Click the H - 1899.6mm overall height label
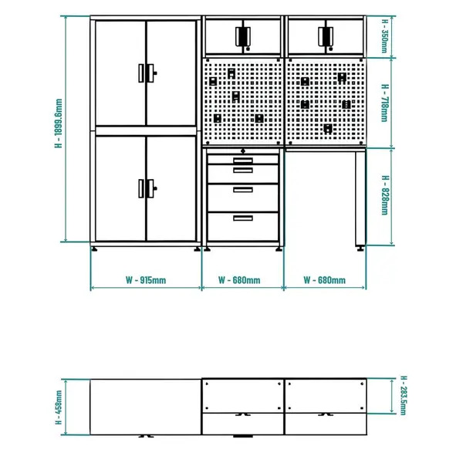pos(58,130)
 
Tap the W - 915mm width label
pos(146,279)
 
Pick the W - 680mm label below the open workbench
pos(324,279)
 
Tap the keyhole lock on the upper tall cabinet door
pos(155,73)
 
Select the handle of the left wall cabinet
pos(243,36)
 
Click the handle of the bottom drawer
pos(243,218)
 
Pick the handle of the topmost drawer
pos(243,160)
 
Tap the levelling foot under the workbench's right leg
pos(360,248)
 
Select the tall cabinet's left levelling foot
pos(96,248)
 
